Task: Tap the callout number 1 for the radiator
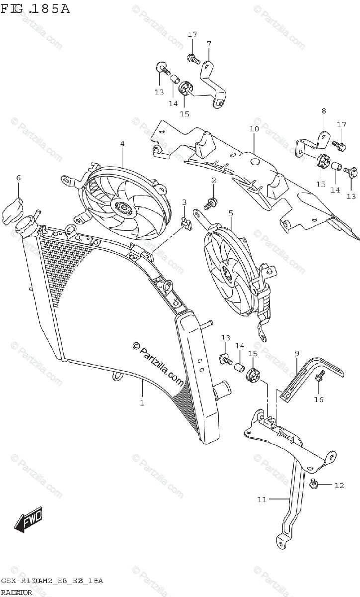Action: click(142, 402)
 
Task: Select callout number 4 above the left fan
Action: click(122, 144)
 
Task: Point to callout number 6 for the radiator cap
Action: click(18, 178)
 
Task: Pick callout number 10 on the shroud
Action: click(254, 129)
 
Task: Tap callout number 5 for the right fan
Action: click(231, 213)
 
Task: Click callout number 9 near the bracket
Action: click(296, 353)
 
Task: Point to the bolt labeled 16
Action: click(320, 378)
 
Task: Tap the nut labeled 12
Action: click(314, 484)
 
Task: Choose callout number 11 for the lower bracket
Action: click(262, 499)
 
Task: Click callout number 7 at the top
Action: click(209, 43)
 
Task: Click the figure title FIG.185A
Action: click(35, 8)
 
